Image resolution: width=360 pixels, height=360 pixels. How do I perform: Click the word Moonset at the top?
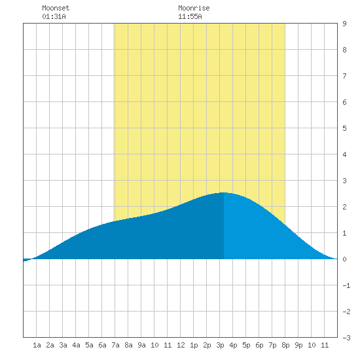click(x=56, y=8)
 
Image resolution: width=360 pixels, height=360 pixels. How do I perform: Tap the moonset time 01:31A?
click(x=54, y=16)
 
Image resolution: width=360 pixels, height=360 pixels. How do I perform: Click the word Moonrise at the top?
click(x=194, y=8)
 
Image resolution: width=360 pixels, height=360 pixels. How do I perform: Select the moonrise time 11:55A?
click(x=190, y=16)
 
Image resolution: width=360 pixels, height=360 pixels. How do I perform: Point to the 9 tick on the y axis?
click(x=344, y=24)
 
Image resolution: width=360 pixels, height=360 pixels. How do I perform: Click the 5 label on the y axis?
click(x=344, y=128)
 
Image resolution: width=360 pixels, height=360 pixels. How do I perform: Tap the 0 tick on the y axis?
click(x=344, y=259)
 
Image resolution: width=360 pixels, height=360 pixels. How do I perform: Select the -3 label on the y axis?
click(x=346, y=338)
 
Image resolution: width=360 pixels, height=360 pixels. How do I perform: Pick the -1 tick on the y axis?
click(x=346, y=285)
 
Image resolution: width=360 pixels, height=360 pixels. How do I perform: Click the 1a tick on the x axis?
click(x=37, y=345)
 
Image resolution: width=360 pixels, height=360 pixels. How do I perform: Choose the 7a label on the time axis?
click(x=115, y=345)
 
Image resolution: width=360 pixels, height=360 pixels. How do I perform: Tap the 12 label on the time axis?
click(x=181, y=345)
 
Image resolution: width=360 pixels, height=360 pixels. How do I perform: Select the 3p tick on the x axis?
click(x=220, y=345)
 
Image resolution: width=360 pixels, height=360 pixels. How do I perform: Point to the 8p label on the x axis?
click(x=285, y=345)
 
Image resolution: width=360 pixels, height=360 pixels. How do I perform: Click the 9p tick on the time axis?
click(x=298, y=345)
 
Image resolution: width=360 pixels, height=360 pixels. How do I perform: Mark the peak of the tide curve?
click(x=224, y=192)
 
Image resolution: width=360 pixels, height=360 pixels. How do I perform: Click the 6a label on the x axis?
click(x=102, y=345)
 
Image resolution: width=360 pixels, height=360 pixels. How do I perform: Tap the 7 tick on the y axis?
click(x=344, y=76)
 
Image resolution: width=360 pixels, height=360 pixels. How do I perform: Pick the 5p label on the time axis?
click(x=246, y=345)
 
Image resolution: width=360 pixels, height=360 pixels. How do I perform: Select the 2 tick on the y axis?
click(x=344, y=207)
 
